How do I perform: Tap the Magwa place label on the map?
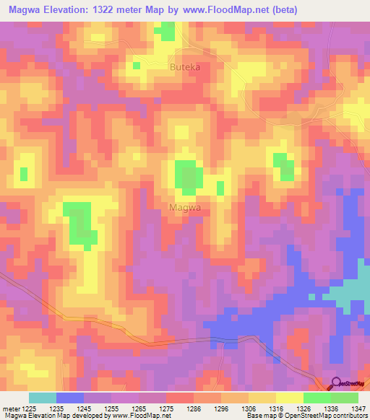(x=184, y=207)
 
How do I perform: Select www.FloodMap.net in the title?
(x=225, y=10)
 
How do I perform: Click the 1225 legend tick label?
(x=30, y=408)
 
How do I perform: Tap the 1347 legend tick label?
(x=358, y=408)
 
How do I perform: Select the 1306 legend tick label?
(x=248, y=408)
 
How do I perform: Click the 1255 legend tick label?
(x=111, y=408)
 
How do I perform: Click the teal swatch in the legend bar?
(x=43, y=397)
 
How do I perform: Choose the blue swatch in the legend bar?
(x=70, y=397)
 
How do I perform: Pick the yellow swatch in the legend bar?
(x=290, y=397)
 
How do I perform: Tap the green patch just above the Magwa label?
(x=189, y=178)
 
